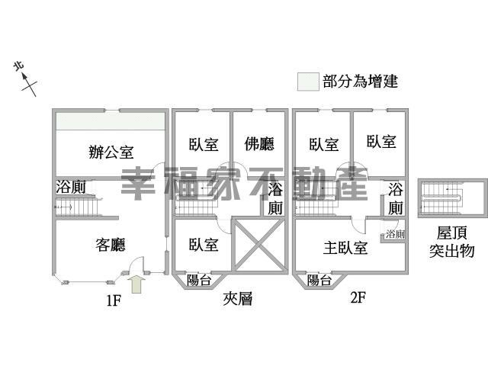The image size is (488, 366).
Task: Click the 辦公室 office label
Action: (111, 152)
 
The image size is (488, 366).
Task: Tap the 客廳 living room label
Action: (111, 245)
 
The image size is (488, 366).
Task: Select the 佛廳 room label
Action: (259, 144)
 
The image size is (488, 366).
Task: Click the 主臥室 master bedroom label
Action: (345, 248)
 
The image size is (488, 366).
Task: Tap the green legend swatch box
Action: (308, 82)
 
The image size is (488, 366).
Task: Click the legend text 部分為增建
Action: (361, 82)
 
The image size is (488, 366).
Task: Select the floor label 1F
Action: (114, 300)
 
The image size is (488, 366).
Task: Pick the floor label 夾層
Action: (237, 299)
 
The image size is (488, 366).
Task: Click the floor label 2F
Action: (358, 297)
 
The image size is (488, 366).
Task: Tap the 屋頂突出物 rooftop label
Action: (451, 242)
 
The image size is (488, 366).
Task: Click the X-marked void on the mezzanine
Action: (258, 245)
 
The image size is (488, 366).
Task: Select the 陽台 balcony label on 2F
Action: (319, 280)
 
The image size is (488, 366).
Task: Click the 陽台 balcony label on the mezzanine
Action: (199, 280)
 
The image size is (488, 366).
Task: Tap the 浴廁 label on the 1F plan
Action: (71, 187)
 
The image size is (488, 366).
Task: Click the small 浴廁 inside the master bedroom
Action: (395, 234)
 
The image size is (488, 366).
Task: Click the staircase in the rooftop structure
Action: (441, 198)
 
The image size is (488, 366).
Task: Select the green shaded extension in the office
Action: (110, 121)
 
